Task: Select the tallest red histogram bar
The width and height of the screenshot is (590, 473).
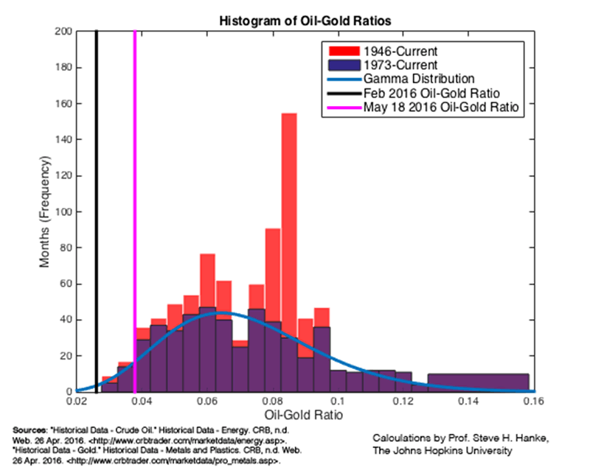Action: [x=289, y=250]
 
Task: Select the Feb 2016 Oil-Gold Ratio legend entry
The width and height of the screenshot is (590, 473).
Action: [x=432, y=93]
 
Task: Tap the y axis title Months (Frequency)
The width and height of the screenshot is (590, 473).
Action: [x=46, y=211]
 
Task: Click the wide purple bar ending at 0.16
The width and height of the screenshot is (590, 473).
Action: [x=478, y=382]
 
